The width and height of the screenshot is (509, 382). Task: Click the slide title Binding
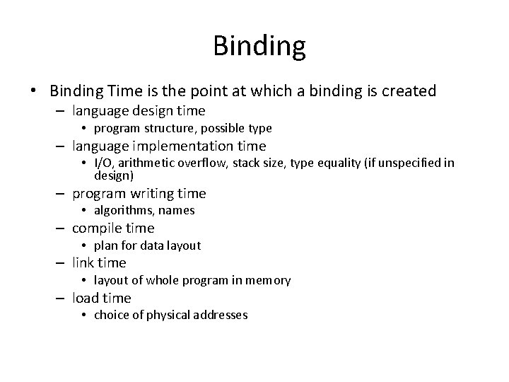click(259, 47)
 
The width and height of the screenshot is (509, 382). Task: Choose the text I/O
click(103, 163)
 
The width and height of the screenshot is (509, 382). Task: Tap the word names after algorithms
click(177, 210)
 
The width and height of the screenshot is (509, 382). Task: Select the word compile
click(97, 228)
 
